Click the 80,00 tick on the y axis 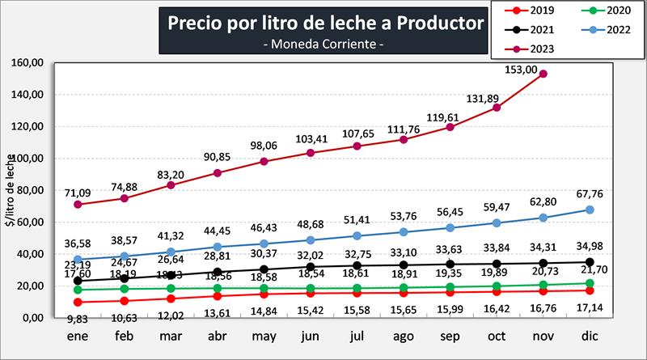pos(29,191)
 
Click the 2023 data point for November pos(543,74)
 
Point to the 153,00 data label pos(543,58)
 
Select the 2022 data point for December pos(590,210)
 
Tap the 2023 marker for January pos(78,205)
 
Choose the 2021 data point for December pos(590,261)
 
